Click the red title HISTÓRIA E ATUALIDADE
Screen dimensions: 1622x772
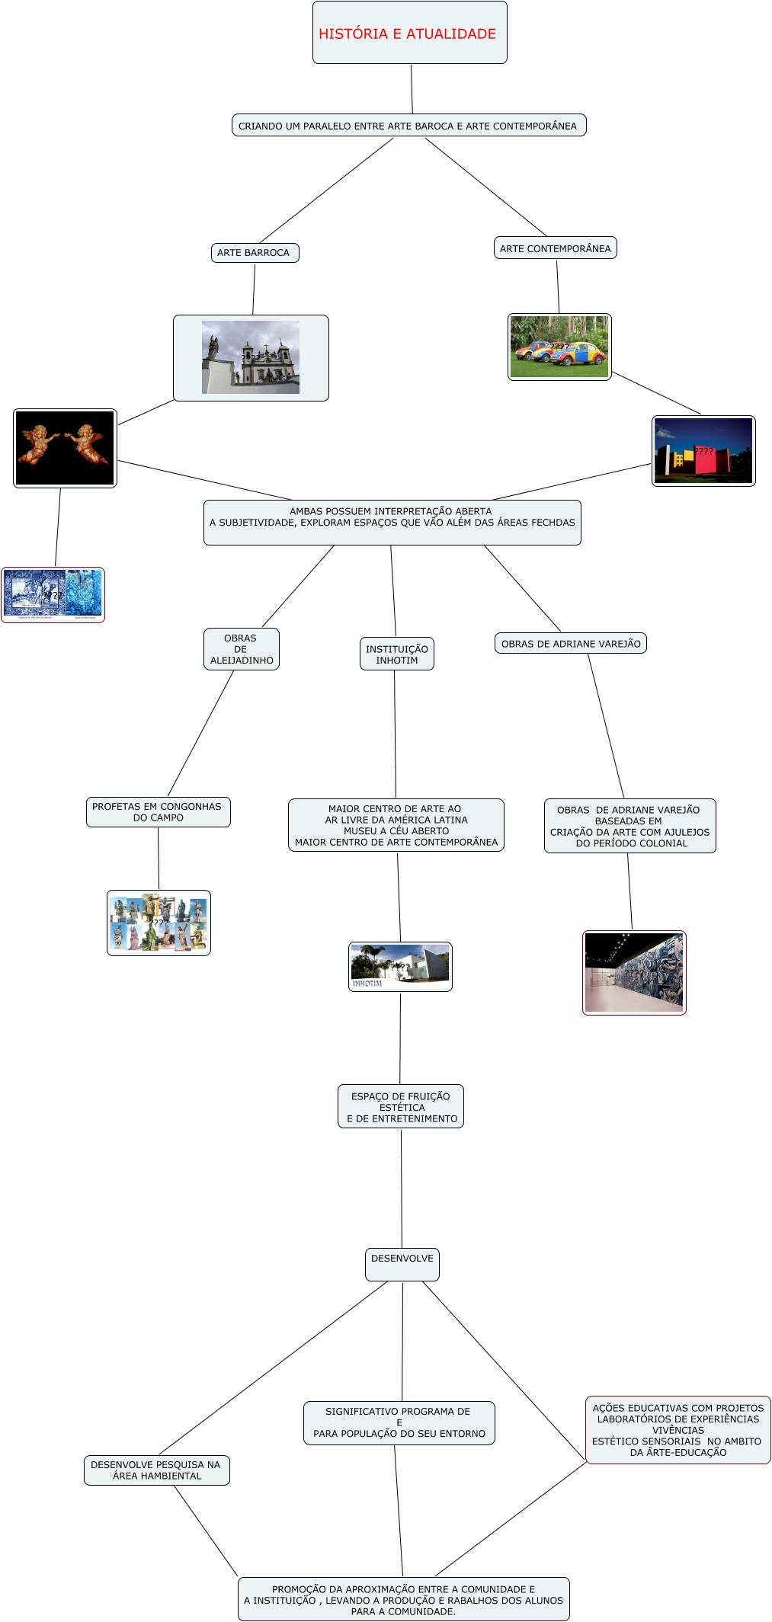pyautogui.click(x=407, y=34)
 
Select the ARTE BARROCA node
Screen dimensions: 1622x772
pyautogui.click(x=254, y=253)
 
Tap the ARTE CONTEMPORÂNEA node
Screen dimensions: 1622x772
pyautogui.click(x=555, y=248)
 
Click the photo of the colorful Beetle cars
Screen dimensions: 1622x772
pyautogui.click(x=559, y=347)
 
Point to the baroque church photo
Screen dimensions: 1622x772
pyautogui.click(x=251, y=357)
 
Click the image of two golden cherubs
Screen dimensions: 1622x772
pyautogui.click(x=65, y=448)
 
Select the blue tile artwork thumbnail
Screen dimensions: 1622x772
pyautogui.click(x=53, y=594)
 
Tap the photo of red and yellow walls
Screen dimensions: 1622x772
pyautogui.click(x=703, y=450)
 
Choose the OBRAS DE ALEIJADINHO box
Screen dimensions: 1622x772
pyautogui.click(x=241, y=649)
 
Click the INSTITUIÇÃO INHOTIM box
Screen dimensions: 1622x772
pyautogui.click(x=396, y=654)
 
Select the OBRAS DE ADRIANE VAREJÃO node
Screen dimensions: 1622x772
pyautogui.click(x=571, y=644)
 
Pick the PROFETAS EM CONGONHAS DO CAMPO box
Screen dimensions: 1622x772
pyautogui.click(x=158, y=812)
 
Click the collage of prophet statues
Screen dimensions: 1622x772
pyautogui.click(x=159, y=923)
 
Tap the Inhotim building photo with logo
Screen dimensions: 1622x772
pyautogui.click(x=400, y=967)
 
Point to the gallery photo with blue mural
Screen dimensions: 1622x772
pyautogui.click(x=634, y=973)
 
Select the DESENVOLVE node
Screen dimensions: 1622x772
pyautogui.click(x=402, y=1259)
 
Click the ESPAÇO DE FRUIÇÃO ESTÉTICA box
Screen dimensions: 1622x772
pyautogui.click(x=401, y=1107)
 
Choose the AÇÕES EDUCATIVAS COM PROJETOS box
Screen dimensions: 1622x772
pyautogui.click(x=678, y=1430)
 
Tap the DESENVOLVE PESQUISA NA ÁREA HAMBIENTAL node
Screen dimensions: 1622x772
pyautogui.click(x=156, y=1470)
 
